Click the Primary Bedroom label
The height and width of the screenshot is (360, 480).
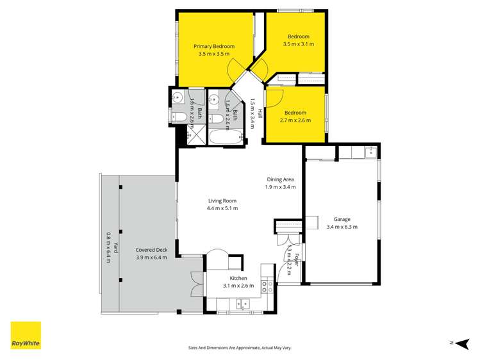214,46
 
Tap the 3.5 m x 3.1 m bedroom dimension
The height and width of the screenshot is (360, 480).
298,45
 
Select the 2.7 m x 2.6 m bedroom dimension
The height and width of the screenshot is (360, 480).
295,120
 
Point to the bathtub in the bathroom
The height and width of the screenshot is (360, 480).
226,137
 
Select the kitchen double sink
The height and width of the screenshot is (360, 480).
242,304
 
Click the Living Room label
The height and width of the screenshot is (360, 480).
222,200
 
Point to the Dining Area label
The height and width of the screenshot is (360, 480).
280,179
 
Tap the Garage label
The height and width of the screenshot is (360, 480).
342,218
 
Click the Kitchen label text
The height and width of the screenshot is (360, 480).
238,278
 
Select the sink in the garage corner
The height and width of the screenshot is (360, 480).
370,152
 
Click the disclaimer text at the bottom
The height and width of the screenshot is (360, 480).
239,348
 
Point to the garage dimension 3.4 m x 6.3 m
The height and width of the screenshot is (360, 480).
342,227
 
